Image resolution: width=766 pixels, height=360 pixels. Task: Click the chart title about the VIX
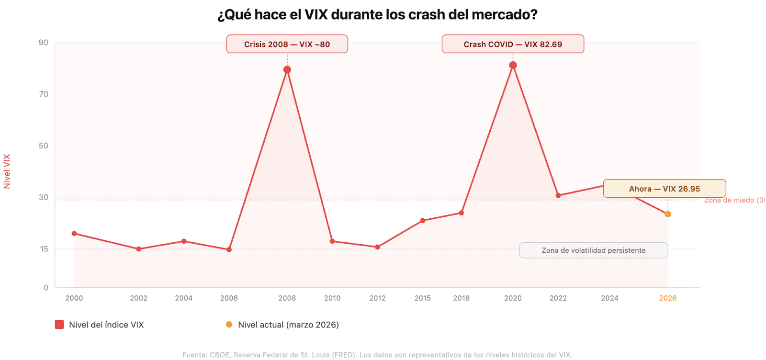(x=377, y=15)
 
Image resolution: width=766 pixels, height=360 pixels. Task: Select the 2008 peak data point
(x=287, y=70)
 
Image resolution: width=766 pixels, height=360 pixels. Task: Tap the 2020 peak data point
(x=513, y=65)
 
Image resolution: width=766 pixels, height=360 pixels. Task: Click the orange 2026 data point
(x=668, y=214)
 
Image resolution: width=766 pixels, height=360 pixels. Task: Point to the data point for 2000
(x=74, y=234)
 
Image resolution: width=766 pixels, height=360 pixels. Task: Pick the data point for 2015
(x=423, y=221)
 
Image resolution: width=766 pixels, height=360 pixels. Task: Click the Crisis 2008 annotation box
(x=287, y=44)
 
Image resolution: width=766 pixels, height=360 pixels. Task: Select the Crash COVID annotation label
(x=513, y=44)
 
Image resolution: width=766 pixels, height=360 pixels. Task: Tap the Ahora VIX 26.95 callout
(x=664, y=189)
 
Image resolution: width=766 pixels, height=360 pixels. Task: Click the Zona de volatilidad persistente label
(x=593, y=250)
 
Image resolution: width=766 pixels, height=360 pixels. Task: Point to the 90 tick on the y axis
(x=44, y=43)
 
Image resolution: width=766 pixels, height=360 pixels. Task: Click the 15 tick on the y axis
(x=44, y=249)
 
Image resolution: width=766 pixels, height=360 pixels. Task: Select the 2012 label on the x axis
(x=377, y=298)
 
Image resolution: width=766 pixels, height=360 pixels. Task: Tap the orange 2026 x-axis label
(x=667, y=298)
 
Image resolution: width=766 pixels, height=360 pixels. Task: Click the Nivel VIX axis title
(x=7, y=171)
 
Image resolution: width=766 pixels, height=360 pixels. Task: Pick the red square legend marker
(x=59, y=325)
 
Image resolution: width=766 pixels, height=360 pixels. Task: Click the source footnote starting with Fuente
(x=377, y=355)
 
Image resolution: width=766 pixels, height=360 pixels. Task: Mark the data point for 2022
(x=558, y=195)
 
